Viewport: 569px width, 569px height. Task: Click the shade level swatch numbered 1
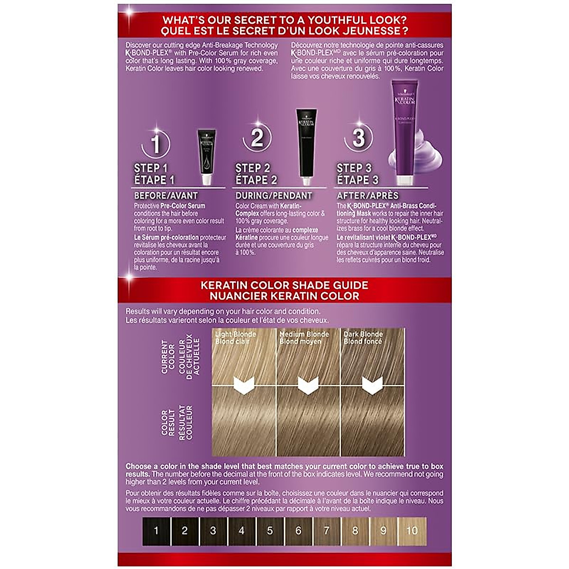156,531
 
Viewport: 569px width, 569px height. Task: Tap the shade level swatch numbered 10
412,531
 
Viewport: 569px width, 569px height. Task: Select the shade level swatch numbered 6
298,531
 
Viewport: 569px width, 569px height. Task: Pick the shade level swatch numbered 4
241,531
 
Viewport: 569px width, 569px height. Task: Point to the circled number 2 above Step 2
257,138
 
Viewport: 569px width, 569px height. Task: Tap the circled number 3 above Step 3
358,138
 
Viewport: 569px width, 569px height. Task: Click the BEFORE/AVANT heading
166,195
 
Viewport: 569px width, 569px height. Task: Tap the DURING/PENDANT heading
274,195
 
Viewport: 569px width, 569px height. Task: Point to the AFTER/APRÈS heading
367,195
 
